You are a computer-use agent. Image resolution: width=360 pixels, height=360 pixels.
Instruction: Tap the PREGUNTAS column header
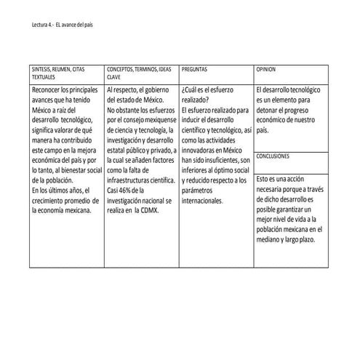[x=194, y=68]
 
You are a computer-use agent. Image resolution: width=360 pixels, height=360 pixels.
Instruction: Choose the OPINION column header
[x=266, y=68]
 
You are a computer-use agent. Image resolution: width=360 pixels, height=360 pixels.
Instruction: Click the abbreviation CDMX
[x=150, y=210]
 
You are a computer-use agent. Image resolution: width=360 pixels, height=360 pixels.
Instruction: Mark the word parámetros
[x=199, y=190]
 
